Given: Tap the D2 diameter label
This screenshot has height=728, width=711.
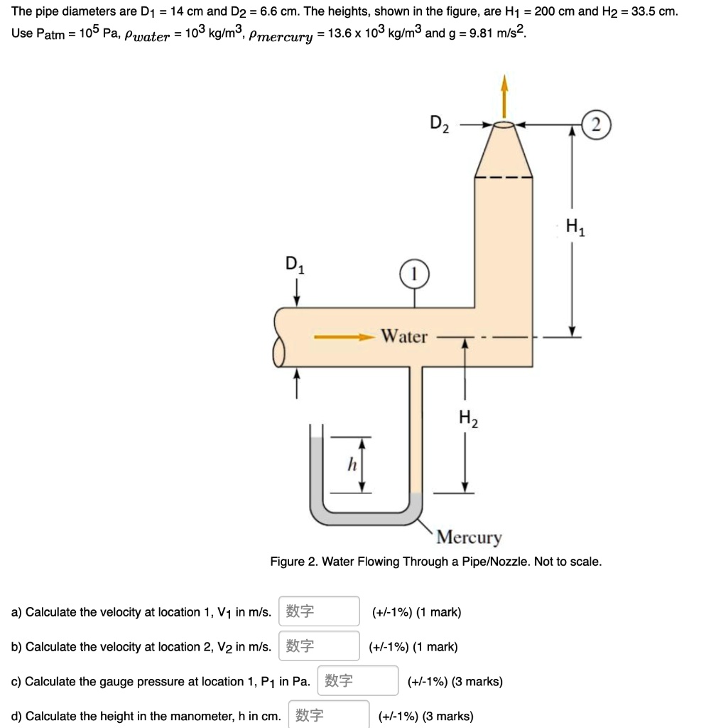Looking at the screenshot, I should coord(440,124).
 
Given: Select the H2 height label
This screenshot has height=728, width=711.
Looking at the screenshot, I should coord(467,419).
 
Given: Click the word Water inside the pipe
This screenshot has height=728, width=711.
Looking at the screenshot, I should coord(404,336).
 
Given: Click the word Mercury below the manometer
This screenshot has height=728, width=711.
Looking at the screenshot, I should coord(470,537).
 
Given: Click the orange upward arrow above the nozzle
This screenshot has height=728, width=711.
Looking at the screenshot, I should coord(504,96).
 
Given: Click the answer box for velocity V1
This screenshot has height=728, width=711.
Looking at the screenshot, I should coord(319,611).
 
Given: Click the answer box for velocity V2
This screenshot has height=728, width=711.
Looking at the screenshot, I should coord(319,646).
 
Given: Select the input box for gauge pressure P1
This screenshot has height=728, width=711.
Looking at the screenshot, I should coord(358,681).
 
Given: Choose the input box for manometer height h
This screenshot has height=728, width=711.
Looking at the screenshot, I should coord(329,714).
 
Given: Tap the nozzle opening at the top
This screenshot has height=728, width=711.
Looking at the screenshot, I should coord(504,125).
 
